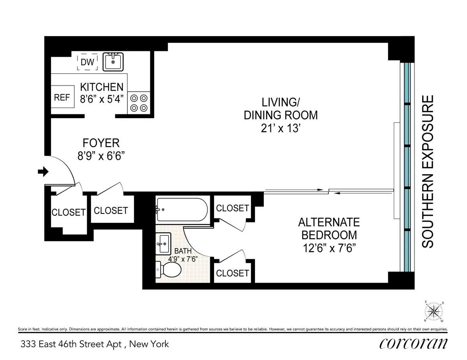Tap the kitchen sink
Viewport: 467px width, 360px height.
113,61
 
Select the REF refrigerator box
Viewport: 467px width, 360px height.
61,98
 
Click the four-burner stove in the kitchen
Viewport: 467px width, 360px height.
139,103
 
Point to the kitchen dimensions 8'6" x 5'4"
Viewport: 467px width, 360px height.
102,98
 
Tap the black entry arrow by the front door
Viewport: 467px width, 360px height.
43,171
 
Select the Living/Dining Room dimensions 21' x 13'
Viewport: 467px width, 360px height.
281,128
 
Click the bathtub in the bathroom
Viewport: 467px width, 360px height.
182,210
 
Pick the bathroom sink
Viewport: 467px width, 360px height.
163,244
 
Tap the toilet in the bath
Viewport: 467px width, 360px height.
169,269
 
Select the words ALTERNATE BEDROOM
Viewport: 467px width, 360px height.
329,229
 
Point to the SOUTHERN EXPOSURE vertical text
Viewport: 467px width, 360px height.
428,171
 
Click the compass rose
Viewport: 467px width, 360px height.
434,311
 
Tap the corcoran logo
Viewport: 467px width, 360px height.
413,343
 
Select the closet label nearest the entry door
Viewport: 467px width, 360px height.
68,212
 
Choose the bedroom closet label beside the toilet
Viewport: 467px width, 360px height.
232,273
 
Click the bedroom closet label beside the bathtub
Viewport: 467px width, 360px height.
232,208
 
